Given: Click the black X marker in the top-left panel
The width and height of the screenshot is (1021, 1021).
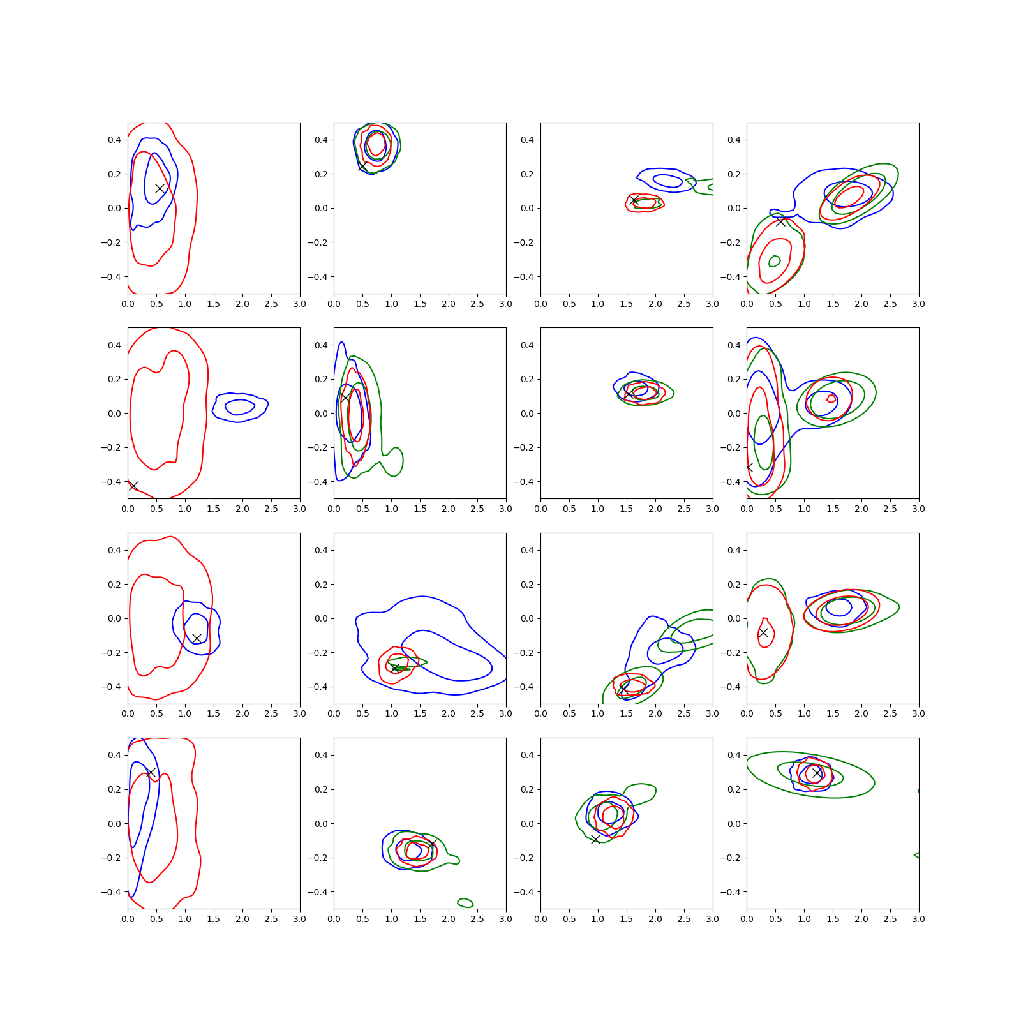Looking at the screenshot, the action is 160,188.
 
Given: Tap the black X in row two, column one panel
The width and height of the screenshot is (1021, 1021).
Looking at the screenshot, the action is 133,486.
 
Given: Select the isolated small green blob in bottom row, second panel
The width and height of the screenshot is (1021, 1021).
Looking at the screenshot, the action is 465,902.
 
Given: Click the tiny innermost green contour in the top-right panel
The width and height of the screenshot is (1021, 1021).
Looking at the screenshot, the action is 775,261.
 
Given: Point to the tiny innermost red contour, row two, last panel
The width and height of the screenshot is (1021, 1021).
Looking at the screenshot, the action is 831,399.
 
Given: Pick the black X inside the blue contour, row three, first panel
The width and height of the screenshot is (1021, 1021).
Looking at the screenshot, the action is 197,638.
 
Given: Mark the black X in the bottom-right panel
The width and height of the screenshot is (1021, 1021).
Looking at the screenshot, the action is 817,773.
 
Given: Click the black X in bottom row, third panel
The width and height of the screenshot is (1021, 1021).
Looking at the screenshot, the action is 595,839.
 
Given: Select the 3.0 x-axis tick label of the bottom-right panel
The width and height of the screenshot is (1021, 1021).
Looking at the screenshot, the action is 918,919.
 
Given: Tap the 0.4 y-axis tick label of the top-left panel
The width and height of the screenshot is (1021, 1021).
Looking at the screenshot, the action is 114,140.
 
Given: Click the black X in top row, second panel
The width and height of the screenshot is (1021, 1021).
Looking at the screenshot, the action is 362,167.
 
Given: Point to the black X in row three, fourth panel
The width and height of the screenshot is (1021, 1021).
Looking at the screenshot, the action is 763,632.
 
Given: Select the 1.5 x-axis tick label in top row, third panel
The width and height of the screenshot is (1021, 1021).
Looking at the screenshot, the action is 627,304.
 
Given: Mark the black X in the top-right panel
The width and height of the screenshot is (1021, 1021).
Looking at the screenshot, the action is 780,221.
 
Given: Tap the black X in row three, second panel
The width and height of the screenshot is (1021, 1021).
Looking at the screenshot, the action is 395,668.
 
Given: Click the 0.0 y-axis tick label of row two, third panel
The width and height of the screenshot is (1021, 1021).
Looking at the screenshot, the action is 527,414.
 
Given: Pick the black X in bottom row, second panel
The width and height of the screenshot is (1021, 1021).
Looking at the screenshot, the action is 432,844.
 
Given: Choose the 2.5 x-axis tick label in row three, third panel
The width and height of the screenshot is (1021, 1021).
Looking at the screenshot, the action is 684,713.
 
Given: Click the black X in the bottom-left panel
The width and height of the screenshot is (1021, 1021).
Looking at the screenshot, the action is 151,772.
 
